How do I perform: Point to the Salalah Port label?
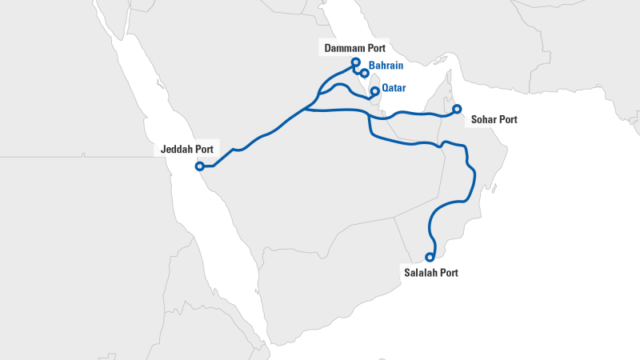[x=431, y=272]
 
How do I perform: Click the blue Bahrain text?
[x=386, y=66]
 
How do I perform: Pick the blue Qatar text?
[x=394, y=88]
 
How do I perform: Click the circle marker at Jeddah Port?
[x=199, y=166]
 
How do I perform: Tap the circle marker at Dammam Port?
[x=356, y=62]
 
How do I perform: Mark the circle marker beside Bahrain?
[x=365, y=73]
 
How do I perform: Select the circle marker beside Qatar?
[x=374, y=91]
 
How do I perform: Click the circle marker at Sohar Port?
[x=457, y=109]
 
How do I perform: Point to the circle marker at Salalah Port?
[x=430, y=257]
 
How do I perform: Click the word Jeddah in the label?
[x=174, y=149]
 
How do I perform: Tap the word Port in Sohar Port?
[x=507, y=120]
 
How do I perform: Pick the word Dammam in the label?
[x=344, y=49]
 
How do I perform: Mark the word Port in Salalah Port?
[x=449, y=272]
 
